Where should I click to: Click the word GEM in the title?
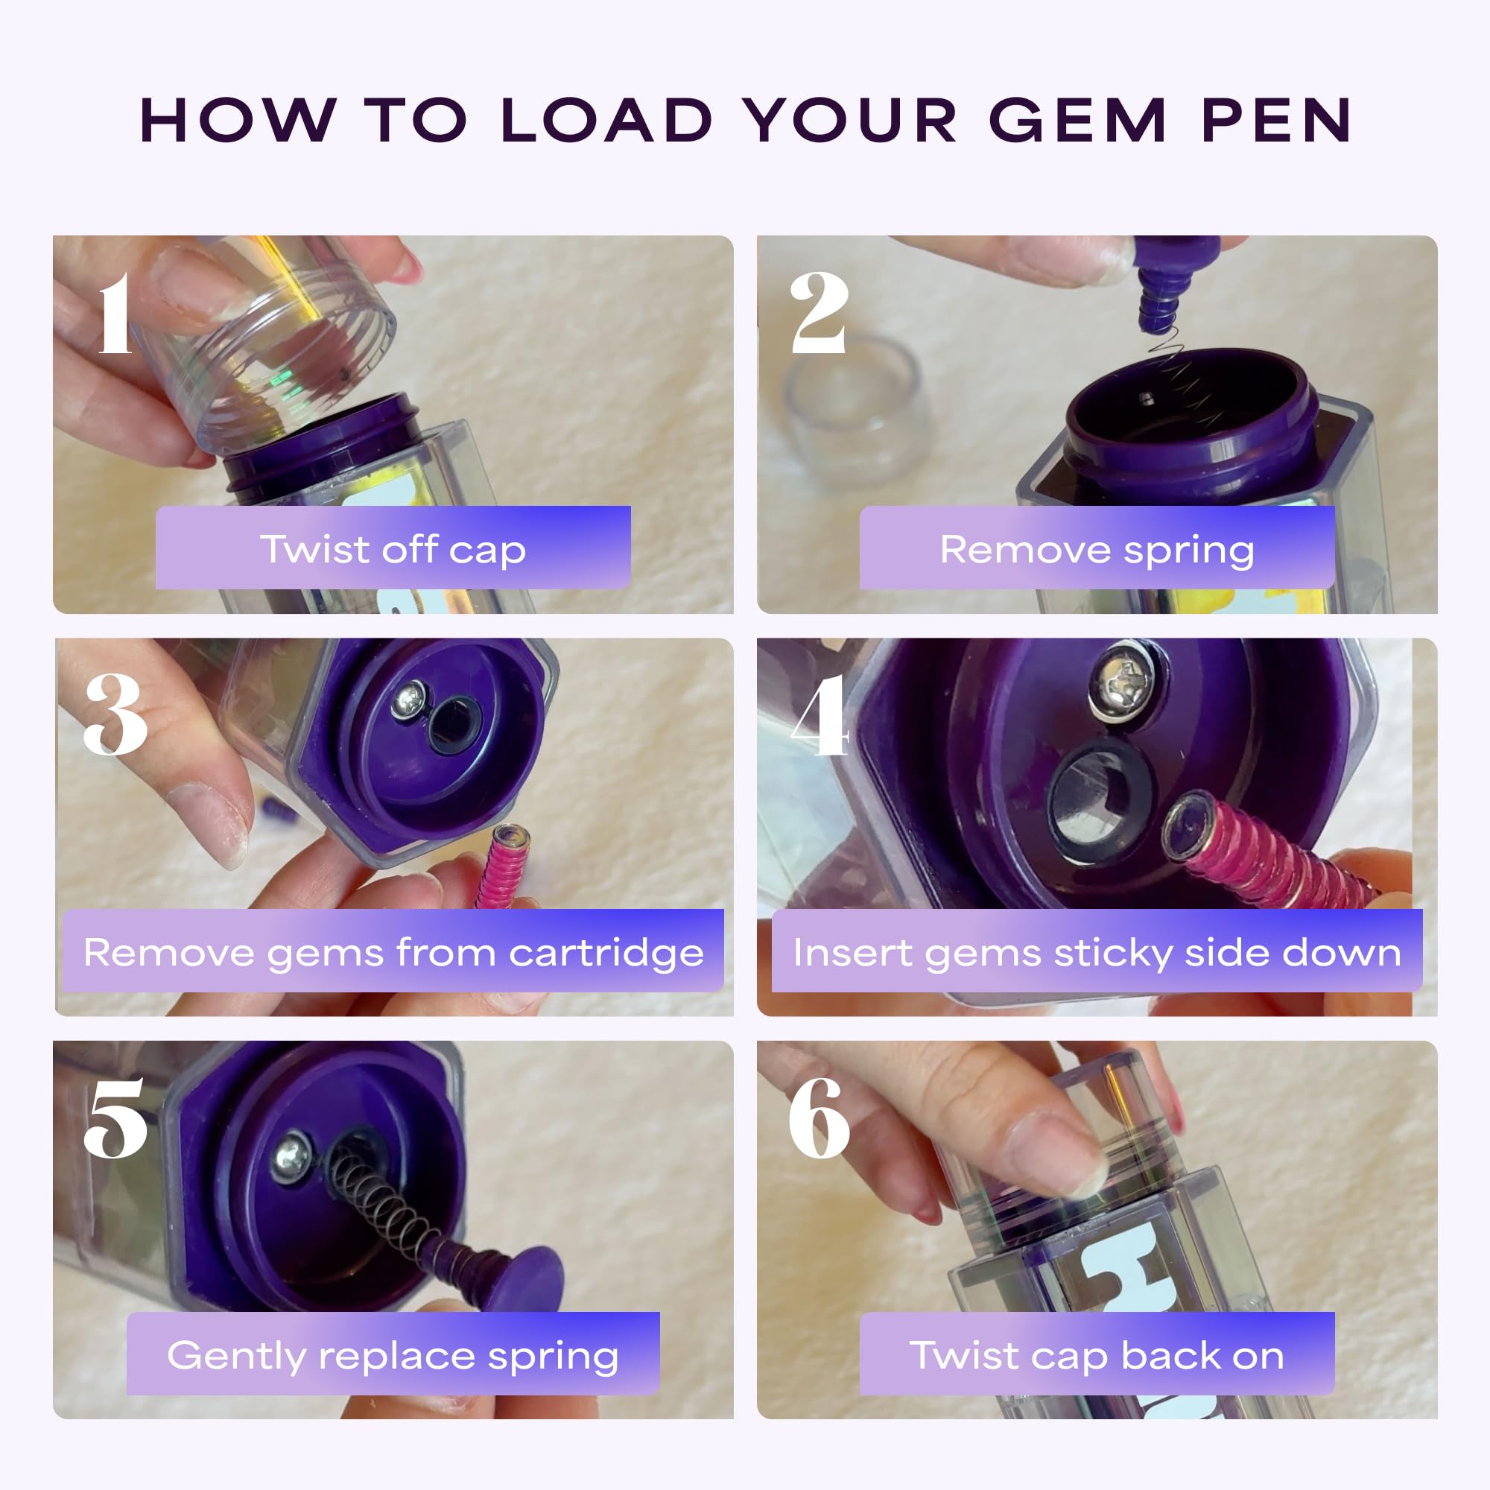coord(1077,121)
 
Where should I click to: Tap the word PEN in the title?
coord(1276,121)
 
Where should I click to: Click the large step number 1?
coord(115,314)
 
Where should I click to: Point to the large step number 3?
coord(115,715)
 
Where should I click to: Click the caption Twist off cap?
coord(393,549)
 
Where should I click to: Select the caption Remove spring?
coord(1097,549)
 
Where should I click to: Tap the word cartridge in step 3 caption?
coord(606,951)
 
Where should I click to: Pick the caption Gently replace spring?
coord(393,1355)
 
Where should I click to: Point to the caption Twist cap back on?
coord(1097,1355)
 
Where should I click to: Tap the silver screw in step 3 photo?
coord(409,700)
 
